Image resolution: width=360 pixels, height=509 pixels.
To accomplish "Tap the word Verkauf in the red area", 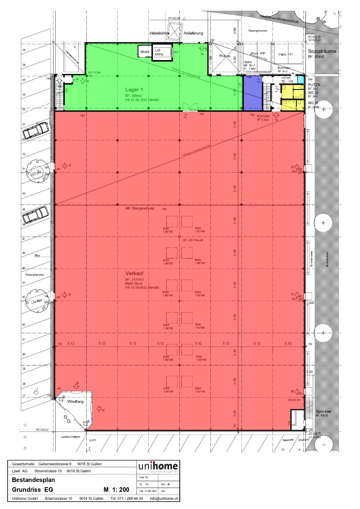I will click(134, 274).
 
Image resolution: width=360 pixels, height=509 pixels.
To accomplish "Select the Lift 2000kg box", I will click(161, 52).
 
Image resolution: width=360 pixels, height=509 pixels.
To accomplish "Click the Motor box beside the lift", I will click(144, 52).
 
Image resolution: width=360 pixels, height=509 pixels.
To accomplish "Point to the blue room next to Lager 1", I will click(251, 92).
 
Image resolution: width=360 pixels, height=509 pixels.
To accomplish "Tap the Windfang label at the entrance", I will click(76, 402).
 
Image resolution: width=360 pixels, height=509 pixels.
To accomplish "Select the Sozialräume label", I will click(322, 52).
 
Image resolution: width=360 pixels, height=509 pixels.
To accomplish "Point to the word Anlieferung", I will click(194, 33).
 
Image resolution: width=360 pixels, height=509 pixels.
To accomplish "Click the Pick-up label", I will click(226, 56).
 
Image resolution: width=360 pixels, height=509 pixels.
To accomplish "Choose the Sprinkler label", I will click(323, 411).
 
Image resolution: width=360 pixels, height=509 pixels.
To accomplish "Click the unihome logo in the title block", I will click(158, 466).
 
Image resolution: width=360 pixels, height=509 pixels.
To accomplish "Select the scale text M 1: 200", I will click(116, 490).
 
